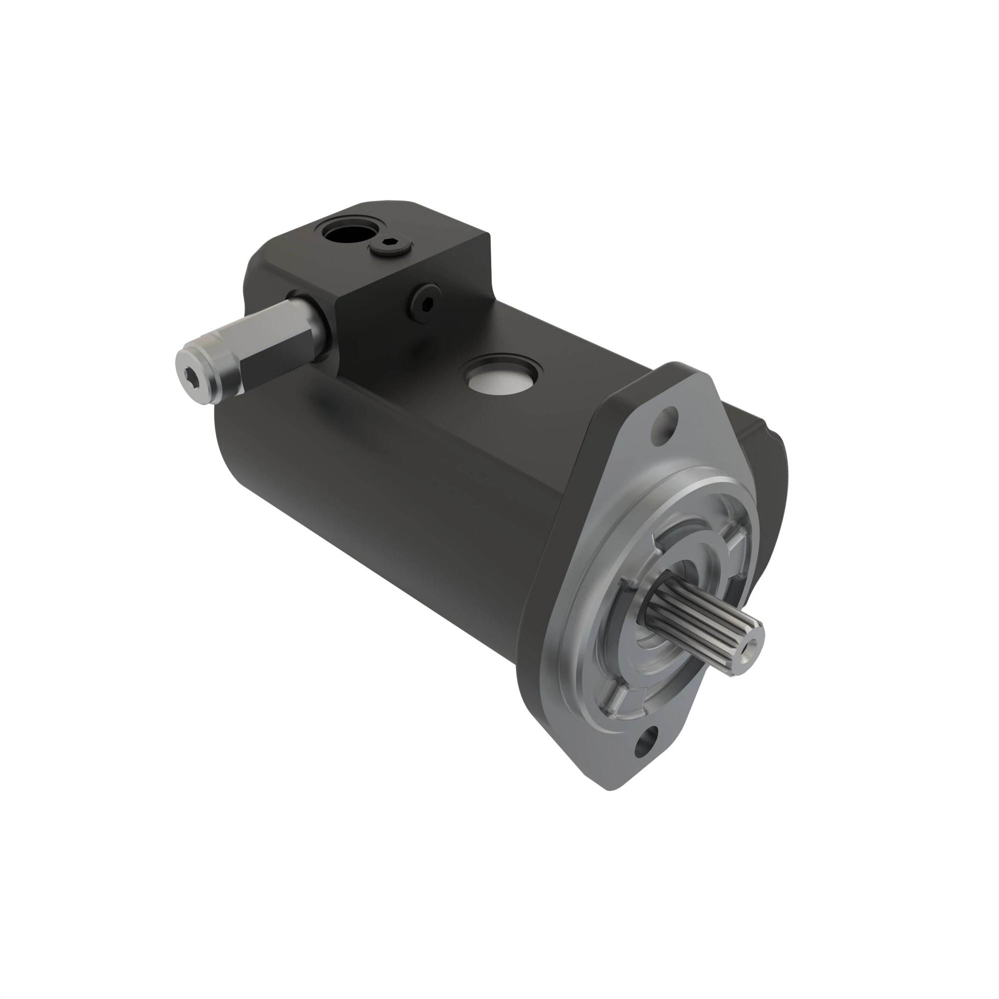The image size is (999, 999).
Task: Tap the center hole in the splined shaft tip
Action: pyautogui.click(x=749, y=647)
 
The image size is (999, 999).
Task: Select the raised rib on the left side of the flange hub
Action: pyautogui.click(x=626, y=584)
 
